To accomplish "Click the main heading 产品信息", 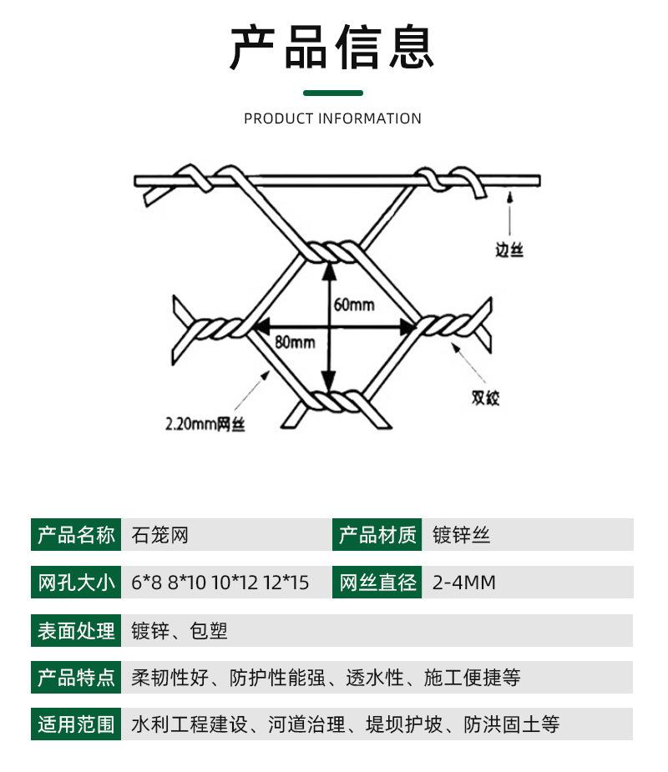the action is pos(332,48).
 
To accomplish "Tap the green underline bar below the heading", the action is pos(332,93).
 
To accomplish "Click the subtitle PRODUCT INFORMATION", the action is pos(332,119).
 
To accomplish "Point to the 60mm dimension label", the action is pos(354,305).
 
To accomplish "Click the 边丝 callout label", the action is pos(509,250).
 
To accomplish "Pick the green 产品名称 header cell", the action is pos(77,535).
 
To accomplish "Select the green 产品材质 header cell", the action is pos(378,535).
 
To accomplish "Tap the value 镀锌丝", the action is pos(462,535).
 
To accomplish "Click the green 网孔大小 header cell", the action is pos(77,583).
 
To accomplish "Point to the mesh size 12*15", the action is pos(284,583).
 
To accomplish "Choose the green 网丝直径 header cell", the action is pos(378,583).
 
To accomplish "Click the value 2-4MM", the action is pos(464,583).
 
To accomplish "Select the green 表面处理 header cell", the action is pos(77,630).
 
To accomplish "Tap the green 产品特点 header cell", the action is pos(77,677).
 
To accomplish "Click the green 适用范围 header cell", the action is pos(77,724).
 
